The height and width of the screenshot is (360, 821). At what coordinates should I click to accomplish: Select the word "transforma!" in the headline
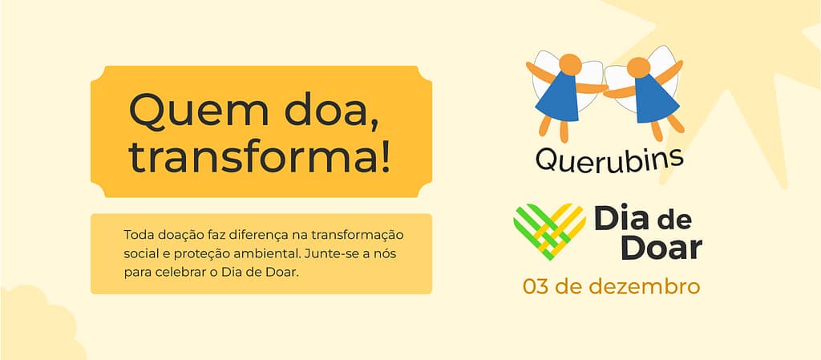[x=260, y=157]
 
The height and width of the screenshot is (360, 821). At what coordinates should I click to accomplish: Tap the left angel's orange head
[x=570, y=64]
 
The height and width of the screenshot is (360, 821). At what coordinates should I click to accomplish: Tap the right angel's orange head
[x=638, y=67]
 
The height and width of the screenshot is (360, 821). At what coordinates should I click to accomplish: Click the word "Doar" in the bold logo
[x=661, y=248]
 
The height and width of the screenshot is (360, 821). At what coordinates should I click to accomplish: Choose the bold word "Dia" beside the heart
[x=621, y=217]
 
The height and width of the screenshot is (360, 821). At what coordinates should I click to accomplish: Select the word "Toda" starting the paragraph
[x=136, y=235]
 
